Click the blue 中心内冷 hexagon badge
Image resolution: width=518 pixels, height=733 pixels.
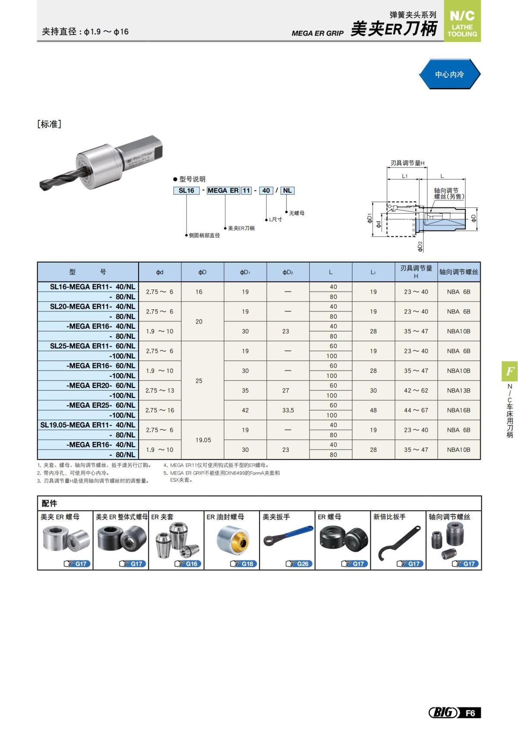tap(449, 74)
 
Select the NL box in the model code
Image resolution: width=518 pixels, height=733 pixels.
tap(287, 190)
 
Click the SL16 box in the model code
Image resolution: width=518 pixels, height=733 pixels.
tap(186, 190)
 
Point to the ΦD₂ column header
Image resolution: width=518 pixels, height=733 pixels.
tap(287, 272)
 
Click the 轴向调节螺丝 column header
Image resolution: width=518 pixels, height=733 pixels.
tap(459, 272)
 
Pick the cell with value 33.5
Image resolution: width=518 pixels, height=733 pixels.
tap(288, 410)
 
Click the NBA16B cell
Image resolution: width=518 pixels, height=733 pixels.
tap(458, 410)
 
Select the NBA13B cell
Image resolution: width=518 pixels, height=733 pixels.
tap(458, 390)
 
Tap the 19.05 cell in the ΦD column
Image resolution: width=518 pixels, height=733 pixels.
tap(203, 440)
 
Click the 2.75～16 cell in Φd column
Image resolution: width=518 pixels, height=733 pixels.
tap(160, 410)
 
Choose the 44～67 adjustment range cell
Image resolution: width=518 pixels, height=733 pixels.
tap(416, 410)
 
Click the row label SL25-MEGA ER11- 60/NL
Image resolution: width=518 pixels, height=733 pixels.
tap(92, 346)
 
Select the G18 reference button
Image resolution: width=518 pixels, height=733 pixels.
tap(243, 564)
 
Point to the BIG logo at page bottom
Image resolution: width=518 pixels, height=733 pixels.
tap(443, 713)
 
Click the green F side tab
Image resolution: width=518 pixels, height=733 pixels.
tap(509, 371)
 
